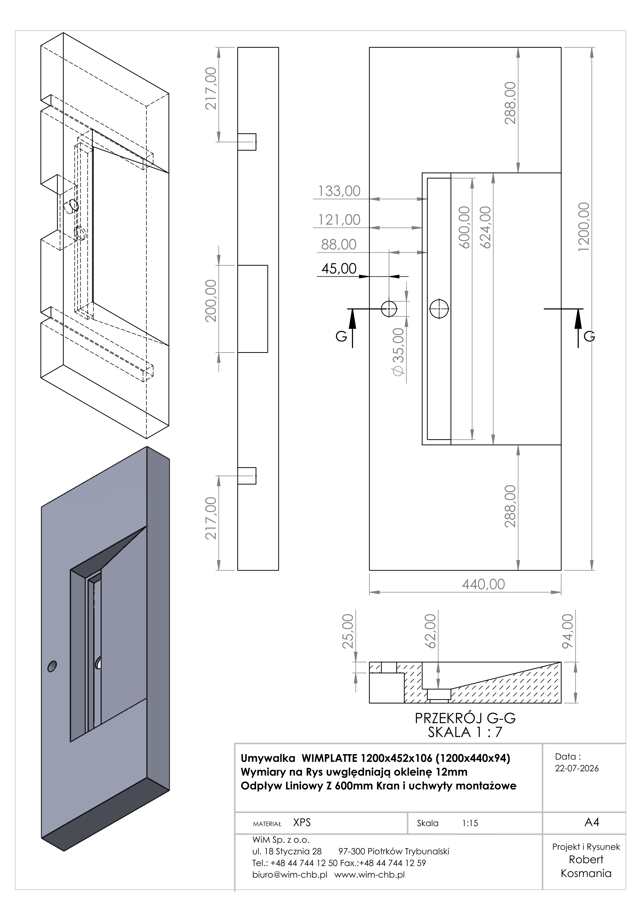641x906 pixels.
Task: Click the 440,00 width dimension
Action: [x=484, y=584]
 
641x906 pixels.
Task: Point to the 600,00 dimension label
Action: [x=464, y=227]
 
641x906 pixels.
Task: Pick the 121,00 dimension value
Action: [x=339, y=220]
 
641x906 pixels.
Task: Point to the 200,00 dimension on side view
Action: [x=211, y=301]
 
